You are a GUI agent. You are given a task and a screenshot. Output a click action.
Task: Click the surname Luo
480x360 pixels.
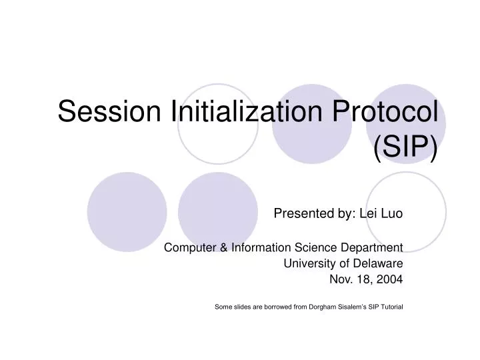pyautogui.click(x=392, y=214)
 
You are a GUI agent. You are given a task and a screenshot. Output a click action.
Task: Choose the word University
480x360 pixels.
pyautogui.click(x=307, y=263)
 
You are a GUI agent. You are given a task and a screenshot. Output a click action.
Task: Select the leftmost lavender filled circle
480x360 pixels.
pyautogui.click(x=127, y=211)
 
